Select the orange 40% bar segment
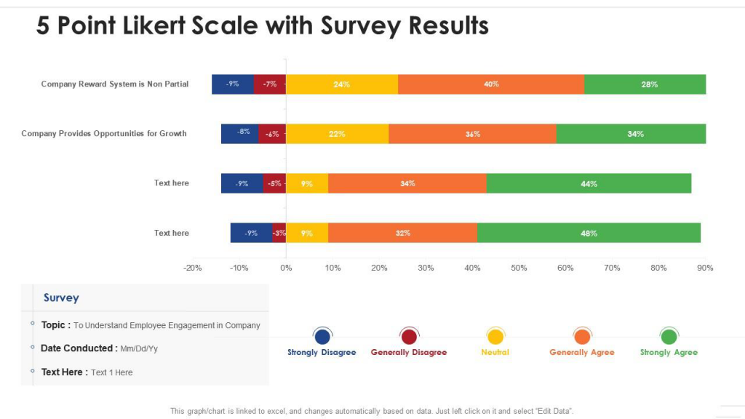[x=491, y=84]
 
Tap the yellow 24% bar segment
[x=341, y=84]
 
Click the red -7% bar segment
[x=269, y=84]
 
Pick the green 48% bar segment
[x=589, y=233]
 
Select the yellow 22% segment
[x=337, y=134]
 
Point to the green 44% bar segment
[x=589, y=183]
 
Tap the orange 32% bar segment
[x=402, y=233]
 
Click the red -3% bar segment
[x=279, y=233]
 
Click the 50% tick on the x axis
[x=519, y=268]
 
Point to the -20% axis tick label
[x=193, y=268]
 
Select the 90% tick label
[x=705, y=268]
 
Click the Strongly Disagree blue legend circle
[x=322, y=337]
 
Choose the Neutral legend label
[x=495, y=352]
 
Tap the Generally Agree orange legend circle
[x=581, y=337]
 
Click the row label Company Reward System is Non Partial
[x=115, y=84]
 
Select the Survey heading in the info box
[x=61, y=298]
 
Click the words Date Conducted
[x=76, y=348]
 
